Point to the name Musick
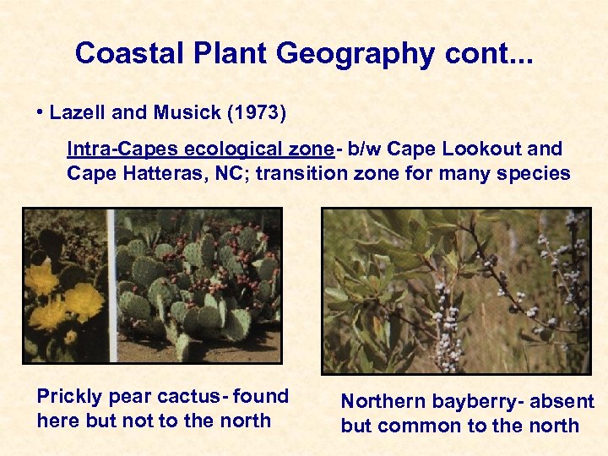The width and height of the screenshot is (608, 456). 177,112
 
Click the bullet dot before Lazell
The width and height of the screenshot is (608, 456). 41,113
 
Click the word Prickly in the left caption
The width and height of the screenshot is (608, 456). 68,397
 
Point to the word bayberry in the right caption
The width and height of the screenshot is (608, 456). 468,402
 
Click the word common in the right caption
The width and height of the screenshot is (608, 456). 419,426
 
